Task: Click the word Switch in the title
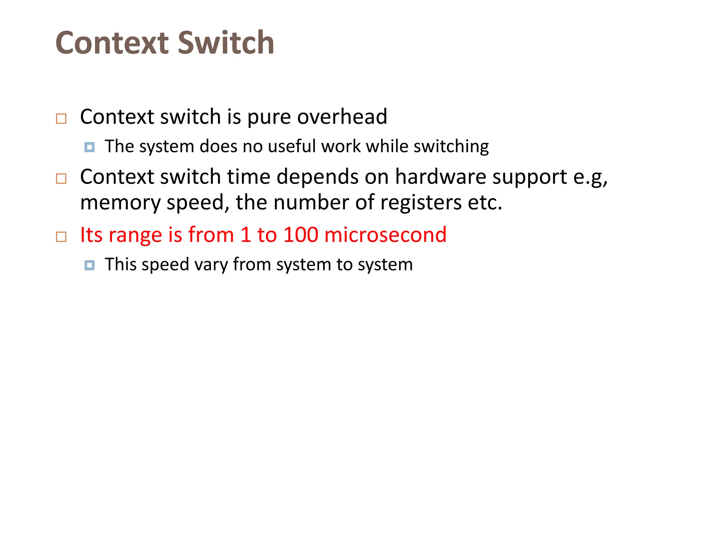[226, 43]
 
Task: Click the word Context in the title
[112, 43]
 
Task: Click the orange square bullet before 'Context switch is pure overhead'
[61, 119]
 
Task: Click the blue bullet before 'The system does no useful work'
[89, 147]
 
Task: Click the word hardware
[440, 177]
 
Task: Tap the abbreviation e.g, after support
[590, 177]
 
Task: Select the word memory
[120, 203]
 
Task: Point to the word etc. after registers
[485, 202]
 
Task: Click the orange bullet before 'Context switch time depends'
[61, 179]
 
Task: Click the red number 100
[301, 235]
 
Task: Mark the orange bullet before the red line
[61, 237]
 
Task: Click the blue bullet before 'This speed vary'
[89, 265]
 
